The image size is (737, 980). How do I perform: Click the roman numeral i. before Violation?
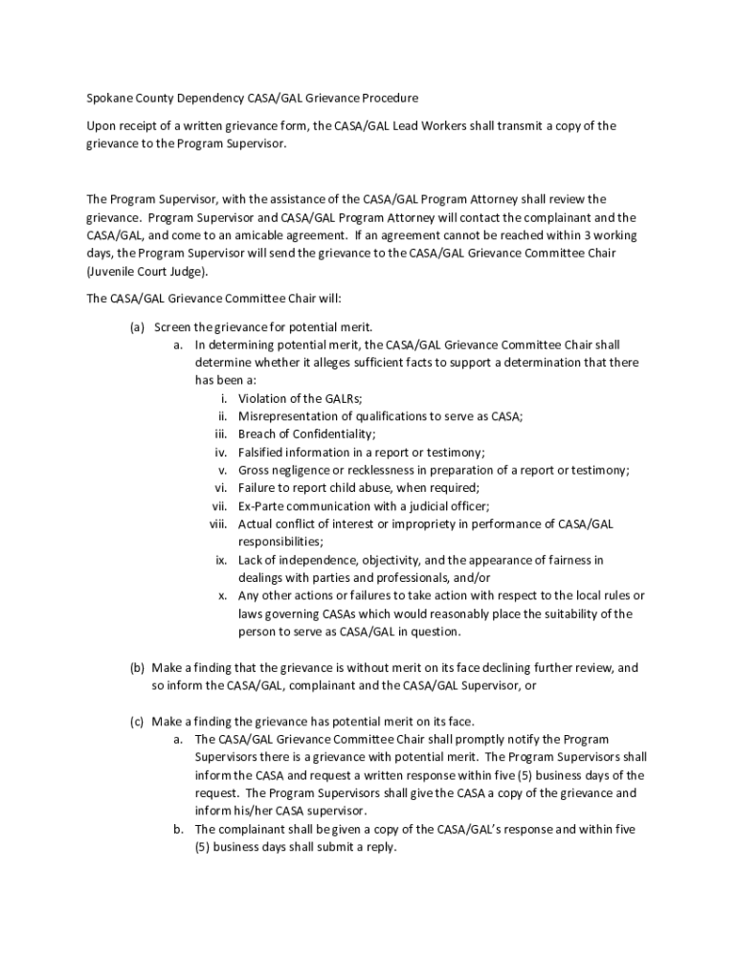[x=223, y=398]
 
